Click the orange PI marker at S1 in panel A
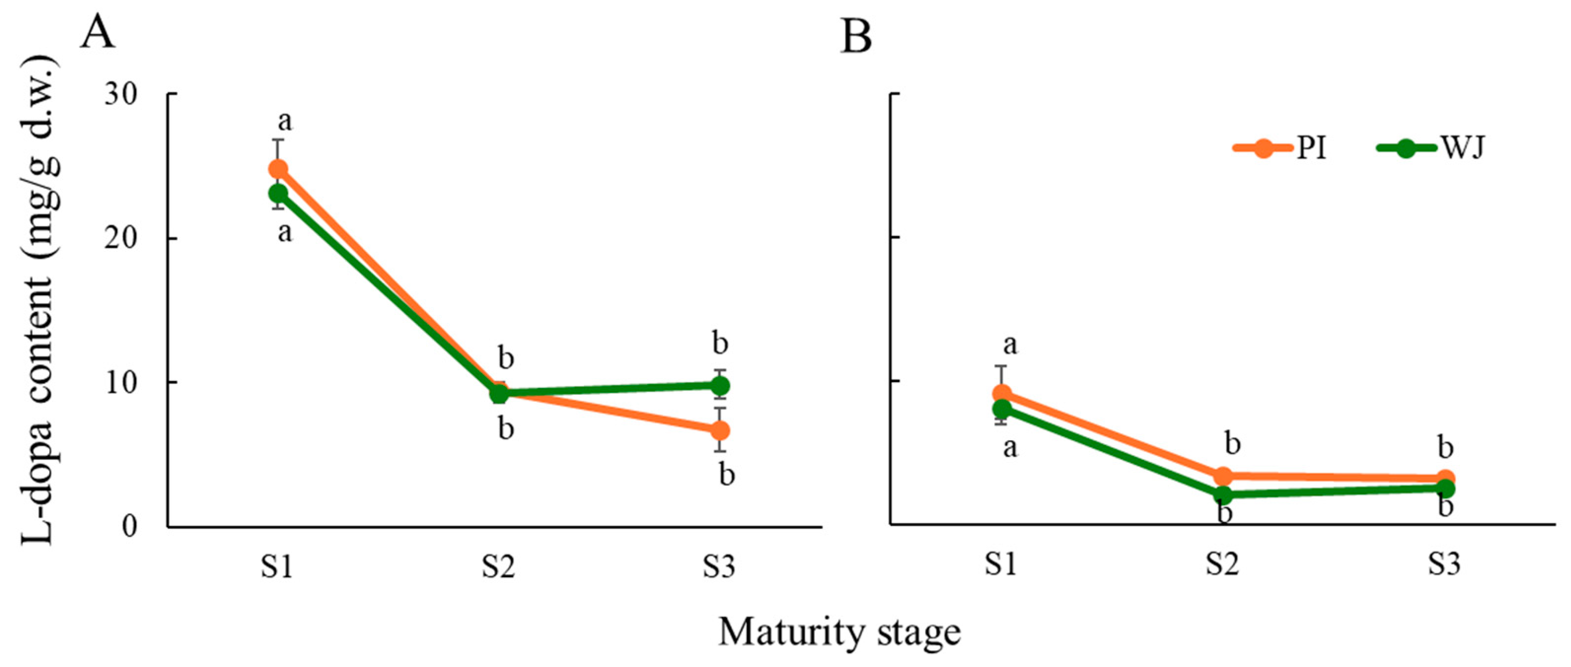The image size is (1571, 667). click(278, 169)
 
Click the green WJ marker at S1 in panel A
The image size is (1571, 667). click(278, 194)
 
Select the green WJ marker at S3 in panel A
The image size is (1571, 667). click(720, 386)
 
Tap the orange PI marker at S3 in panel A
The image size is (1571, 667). click(720, 430)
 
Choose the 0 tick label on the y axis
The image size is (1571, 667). click(129, 526)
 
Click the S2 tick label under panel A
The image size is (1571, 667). click(498, 566)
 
